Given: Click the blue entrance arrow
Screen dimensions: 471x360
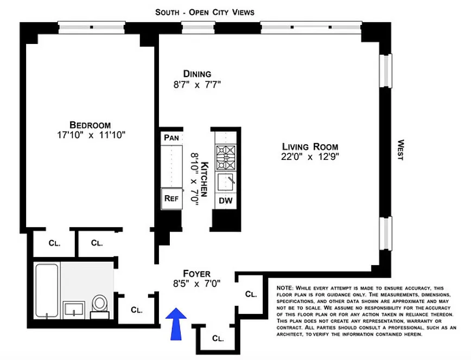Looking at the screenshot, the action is point(176,324).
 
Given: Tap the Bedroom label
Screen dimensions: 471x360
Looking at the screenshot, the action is point(90,125).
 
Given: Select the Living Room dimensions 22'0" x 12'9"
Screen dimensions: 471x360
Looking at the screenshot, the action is point(310,157).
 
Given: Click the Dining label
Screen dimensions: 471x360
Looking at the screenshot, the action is point(197,74).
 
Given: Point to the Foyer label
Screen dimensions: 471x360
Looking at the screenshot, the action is point(197,274).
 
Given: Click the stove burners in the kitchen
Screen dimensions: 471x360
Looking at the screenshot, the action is point(226,158).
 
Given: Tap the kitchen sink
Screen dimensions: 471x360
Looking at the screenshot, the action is point(226,182).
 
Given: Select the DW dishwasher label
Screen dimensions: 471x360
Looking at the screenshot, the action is point(226,201).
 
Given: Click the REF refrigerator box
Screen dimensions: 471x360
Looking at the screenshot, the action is point(171,198).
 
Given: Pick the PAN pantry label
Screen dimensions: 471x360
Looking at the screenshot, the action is point(171,138).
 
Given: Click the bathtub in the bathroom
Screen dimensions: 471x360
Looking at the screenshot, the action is point(47,291).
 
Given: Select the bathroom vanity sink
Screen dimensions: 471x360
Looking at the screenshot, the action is point(74,310).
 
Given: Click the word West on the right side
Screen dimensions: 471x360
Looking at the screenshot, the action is point(400,150).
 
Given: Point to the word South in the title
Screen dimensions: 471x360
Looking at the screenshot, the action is point(167,12).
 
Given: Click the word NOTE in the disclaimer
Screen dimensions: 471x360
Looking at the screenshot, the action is point(284,288).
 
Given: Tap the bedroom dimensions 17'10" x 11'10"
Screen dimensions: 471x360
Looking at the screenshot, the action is point(91,135).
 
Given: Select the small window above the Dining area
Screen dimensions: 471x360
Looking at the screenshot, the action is point(198,28).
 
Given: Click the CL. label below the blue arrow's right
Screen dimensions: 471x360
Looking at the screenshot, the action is point(218,338).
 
